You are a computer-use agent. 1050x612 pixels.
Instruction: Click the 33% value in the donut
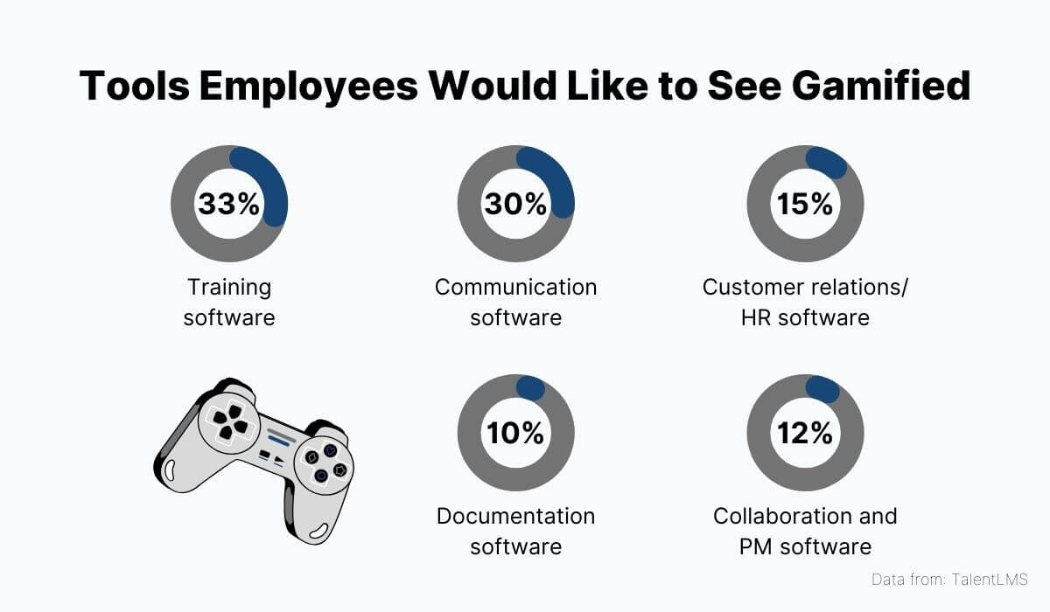click(229, 204)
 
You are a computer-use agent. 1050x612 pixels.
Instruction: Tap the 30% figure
click(516, 204)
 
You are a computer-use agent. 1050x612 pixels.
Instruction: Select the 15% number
click(805, 204)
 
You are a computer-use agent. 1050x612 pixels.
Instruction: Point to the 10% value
click(516, 432)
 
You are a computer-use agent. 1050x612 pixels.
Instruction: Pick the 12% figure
click(805, 432)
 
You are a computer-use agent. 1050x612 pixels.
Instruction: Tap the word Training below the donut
click(229, 287)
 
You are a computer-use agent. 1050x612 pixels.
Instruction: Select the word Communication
click(516, 287)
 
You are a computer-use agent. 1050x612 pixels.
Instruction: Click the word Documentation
click(516, 516)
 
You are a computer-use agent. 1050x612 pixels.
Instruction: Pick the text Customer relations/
click(805, 287)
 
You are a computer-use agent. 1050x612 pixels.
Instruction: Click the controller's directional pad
click(227, 418)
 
